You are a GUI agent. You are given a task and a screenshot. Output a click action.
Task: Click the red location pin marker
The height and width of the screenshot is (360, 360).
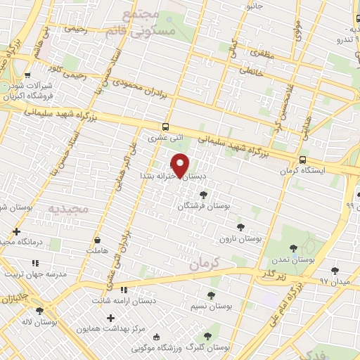(181, 165)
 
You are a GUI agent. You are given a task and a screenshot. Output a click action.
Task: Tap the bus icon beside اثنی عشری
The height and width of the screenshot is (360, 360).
(165, 127)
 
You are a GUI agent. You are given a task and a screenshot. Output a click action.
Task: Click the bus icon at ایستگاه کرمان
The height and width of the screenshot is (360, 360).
(302, 160)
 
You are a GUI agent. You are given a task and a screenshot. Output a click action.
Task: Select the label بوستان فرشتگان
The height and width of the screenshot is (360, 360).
(204, 206)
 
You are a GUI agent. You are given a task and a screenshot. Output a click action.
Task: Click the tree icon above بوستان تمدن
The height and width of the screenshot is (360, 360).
(293, 247)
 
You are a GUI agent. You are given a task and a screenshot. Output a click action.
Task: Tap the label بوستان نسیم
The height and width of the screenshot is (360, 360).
(211, 307)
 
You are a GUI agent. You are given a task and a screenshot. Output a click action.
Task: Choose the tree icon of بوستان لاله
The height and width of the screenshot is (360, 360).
(39, 311)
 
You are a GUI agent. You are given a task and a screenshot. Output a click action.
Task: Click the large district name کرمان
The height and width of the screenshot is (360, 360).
(205, 263)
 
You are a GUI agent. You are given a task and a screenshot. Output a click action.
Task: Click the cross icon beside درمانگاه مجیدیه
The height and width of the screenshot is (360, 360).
(16, 231)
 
